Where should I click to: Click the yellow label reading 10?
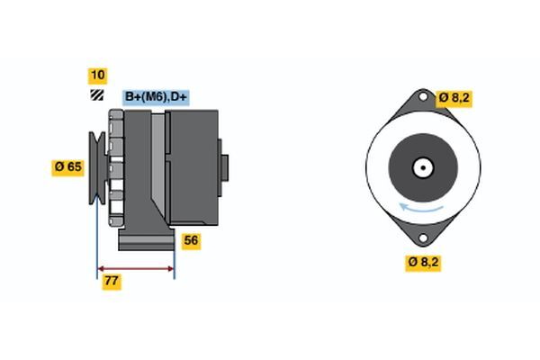click(96, 76)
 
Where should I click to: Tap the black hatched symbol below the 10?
click(96, 95)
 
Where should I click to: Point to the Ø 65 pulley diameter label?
click(67, 166)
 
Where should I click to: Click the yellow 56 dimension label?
click(191, 240)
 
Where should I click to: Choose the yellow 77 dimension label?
click(112, 282)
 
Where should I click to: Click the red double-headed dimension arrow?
click(135, 267)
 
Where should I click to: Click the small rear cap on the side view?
click(224, 167)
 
